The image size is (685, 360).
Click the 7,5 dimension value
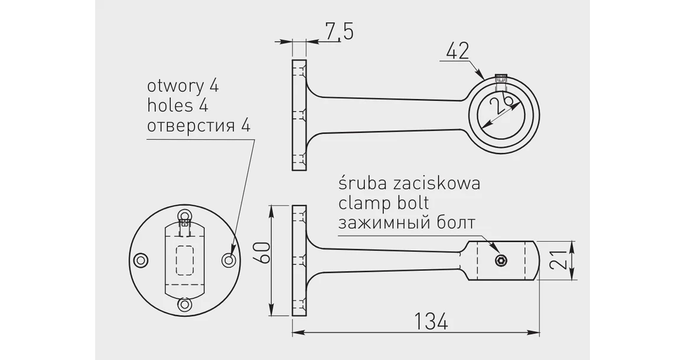[x=338, y=31]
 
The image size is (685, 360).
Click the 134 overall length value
[x=429, y=322]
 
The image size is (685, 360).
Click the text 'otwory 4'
[x=182, y=86]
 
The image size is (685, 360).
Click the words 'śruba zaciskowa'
[x=409, y=183]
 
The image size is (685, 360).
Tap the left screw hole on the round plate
[x=141, y=260]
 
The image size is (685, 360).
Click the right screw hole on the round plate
[x=229, y=260]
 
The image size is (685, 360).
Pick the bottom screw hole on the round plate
[x=185, y=305]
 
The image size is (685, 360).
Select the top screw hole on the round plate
[x=185, y=216]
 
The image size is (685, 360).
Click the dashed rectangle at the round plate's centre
[x=185, y=260]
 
